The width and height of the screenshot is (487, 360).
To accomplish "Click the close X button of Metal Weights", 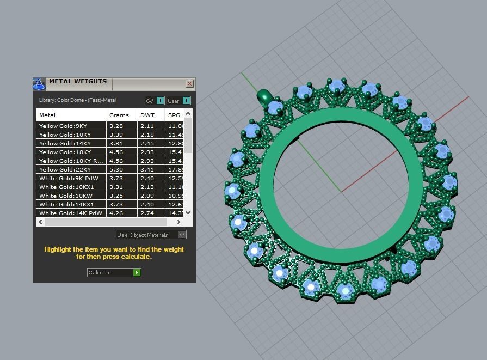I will (189, 84).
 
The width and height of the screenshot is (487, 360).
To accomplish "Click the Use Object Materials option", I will (151, 235).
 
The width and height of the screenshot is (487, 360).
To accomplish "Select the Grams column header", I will (119, 115).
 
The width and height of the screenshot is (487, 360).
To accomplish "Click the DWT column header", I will (147, 115).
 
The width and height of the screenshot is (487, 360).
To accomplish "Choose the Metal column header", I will (47, 115).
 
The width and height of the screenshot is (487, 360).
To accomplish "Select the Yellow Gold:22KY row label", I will (65, 169).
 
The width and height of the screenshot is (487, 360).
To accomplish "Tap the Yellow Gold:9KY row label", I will (63, 126).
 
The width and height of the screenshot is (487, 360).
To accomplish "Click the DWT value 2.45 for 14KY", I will (147, 143).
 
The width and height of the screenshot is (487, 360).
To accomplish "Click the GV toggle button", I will (155, 101).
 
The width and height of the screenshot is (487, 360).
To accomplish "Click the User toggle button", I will (178, 101).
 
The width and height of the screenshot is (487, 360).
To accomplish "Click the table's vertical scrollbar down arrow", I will (188, 213).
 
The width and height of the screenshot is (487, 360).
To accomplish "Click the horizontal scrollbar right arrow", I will (179, 222).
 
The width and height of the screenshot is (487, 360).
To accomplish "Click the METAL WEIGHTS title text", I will (78, 82).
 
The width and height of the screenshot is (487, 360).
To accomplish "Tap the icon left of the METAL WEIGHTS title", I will (39, 84).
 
